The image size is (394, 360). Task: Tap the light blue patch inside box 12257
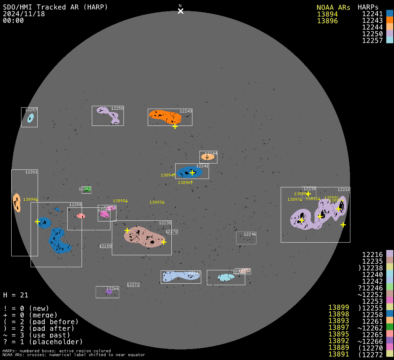(x=31, y=118)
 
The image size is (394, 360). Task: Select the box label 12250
(x=117, y=108)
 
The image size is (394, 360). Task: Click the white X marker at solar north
(x=180, y=11)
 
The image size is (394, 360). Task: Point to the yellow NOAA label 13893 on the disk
(x=157, y=202)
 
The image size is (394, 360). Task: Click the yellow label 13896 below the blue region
(x=185, y=182)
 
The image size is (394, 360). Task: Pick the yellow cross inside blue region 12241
(x=192, y=173)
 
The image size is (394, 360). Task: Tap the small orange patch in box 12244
(x=208, y=157)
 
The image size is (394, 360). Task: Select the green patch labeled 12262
(x=87, y=189)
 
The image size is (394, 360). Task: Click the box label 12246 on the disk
(x=250, y=234)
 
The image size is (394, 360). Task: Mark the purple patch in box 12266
(x=109, y=291)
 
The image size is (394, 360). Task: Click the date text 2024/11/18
(x=24, y=14)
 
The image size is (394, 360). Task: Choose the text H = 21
(x=15, y=295)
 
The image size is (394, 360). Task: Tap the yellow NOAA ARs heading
(x=333, y=7)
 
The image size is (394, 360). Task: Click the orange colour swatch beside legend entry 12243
(x=389, y=20)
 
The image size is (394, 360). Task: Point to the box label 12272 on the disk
(x=133, y=285)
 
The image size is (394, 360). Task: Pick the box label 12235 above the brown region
(x=165, y=223)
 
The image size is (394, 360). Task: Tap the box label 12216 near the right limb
(x=344, y=189)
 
